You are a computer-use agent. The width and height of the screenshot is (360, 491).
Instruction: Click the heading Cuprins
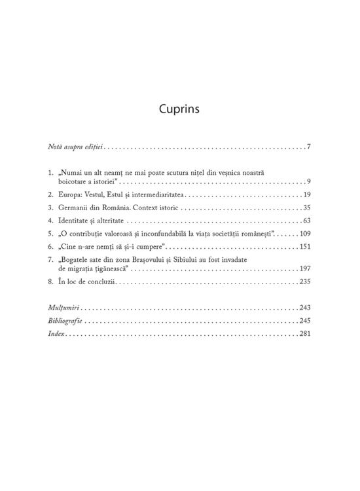tap(179, 109)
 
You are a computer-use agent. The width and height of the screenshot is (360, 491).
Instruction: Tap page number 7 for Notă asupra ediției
tap(308, 146)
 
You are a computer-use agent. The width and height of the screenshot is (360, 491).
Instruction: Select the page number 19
tap(306, 195)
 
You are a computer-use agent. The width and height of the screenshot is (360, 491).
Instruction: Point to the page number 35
tap(306, 208)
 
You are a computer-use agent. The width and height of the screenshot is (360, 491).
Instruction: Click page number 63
tap(306, 221)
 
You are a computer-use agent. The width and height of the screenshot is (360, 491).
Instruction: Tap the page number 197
tap(304, 268)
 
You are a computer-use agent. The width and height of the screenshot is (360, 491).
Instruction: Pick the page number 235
tap(304, 282)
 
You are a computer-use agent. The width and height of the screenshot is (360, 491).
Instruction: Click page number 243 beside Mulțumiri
tap(304, 308)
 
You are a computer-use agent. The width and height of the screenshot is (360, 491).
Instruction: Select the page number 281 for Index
tap(304, 333)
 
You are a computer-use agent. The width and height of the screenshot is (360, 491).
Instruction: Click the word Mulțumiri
tap(63, 308)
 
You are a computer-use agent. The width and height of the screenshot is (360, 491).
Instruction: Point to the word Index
tap(57, 333)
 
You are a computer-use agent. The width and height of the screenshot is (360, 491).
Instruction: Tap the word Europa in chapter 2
tap(69, 195)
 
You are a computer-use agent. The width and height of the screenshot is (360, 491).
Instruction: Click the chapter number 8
tap(51, 282)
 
